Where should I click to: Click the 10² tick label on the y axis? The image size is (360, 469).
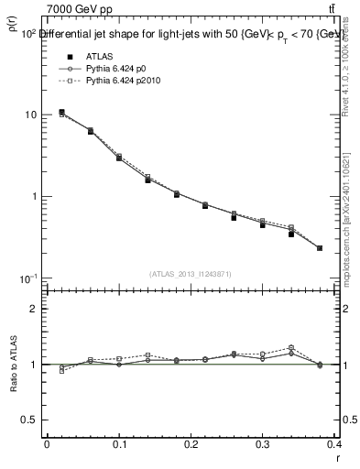point(28,32)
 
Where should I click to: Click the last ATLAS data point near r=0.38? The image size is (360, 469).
point(320,248)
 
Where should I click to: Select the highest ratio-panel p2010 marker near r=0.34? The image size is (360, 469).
point(291,347)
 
